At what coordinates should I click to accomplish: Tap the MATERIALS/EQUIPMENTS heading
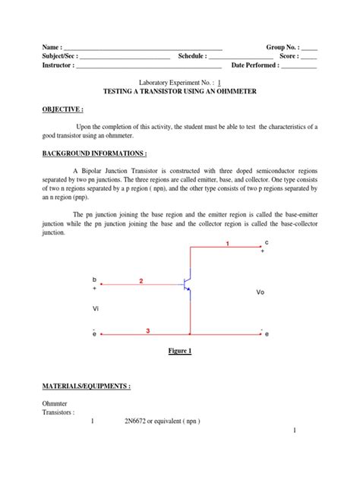point(86,387)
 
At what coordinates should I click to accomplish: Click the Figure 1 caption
point(180,351)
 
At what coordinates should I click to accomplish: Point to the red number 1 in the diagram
point(225,243)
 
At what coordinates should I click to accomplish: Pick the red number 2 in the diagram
point(141,281)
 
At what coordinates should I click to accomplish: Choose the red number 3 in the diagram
point(148,330)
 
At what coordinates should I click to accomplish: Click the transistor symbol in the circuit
point(187,286)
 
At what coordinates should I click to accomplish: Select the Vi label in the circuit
point(95,308)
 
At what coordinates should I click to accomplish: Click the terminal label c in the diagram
point(266,242)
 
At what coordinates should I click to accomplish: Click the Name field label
point(52,46)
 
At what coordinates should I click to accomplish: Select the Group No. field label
point(283,46)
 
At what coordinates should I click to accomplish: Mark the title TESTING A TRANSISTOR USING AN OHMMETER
point(180,91)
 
